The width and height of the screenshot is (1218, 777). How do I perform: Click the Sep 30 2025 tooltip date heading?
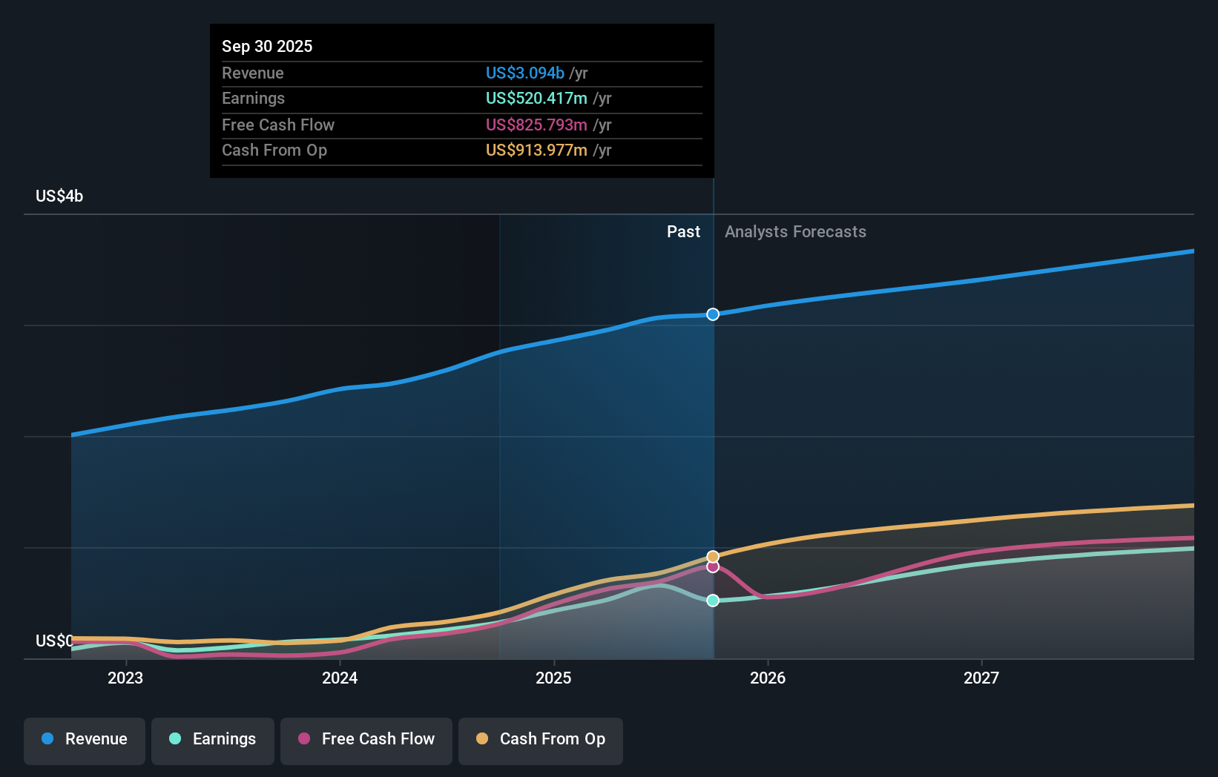267,46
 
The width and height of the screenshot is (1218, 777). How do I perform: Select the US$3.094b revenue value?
524,73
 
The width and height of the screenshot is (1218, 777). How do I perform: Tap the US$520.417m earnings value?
536,98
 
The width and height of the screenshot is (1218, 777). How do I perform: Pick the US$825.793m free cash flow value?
536,125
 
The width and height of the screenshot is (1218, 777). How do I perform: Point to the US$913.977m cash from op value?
536,150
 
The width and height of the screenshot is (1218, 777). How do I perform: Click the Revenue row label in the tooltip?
252,73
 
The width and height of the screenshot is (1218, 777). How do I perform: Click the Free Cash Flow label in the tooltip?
277,125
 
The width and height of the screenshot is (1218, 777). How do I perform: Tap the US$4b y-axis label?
59,196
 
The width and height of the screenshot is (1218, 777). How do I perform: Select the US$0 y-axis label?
53,641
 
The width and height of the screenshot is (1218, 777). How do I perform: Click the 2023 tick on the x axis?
125,678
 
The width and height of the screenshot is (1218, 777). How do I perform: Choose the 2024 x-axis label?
340,678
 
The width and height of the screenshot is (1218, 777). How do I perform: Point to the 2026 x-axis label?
767,678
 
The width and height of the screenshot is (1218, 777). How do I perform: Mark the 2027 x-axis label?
981,678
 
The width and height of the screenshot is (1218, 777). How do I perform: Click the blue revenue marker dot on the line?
713,314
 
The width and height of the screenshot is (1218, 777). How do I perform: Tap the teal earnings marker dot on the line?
713,601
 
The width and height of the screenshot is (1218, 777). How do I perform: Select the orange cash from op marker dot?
713,556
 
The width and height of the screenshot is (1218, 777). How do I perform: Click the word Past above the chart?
683,231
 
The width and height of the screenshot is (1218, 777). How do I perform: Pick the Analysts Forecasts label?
795,231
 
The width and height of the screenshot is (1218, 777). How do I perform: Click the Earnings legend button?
213,738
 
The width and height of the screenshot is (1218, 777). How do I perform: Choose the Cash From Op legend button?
541,738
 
